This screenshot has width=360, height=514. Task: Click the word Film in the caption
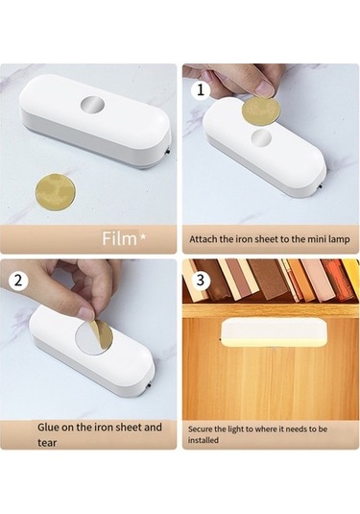(119, 238)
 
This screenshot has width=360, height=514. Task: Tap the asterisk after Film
(143, 235)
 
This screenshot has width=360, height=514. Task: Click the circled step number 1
(200, 89)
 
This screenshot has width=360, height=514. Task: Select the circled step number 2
(18, 281)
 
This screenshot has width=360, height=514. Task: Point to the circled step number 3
(200, 280)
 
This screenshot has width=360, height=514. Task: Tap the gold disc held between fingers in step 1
(261, 110)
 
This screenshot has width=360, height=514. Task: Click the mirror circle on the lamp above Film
(92, 105)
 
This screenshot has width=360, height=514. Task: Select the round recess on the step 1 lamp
(261, 137)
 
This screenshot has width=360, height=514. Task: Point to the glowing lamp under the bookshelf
(275, 332)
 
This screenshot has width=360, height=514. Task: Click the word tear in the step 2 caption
(47, 443)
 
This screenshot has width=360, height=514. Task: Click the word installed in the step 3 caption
(204, 440)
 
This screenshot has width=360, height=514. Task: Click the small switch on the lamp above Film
(168, 153)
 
